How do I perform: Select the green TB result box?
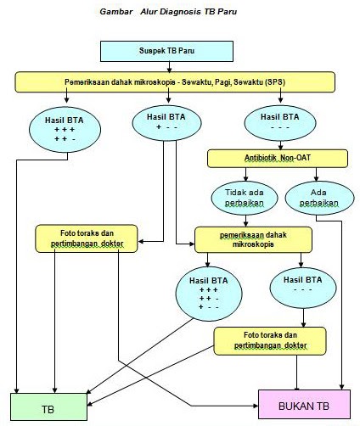(x=49, y=405)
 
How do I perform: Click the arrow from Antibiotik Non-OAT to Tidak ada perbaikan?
(x=245, y=175)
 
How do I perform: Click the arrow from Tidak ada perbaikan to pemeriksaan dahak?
(x=246, y=220)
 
